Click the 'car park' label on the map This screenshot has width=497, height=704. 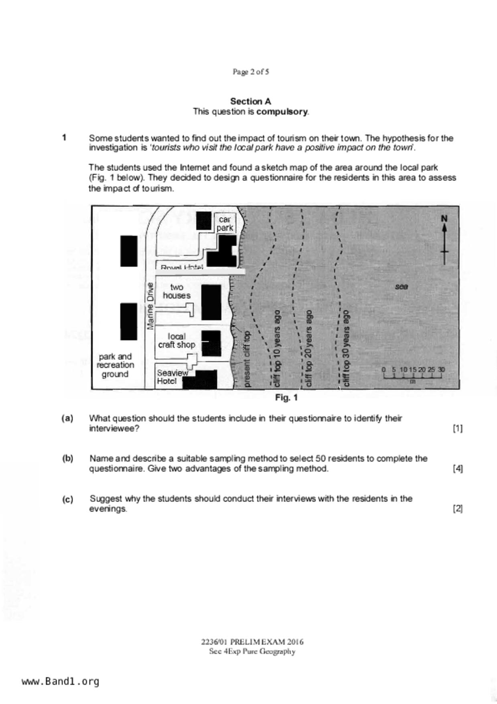coord(225,224)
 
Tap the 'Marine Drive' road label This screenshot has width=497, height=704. coord(150,306)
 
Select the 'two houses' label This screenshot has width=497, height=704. coord(176,291)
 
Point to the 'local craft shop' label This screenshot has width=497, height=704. coord(176,340)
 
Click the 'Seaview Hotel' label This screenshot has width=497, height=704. coord(172,376)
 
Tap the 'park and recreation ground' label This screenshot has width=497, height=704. coord(115,365)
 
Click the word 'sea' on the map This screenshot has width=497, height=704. coord(401,287)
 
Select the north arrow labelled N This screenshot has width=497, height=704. coord(444,240)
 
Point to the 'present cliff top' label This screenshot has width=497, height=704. coord(247,359)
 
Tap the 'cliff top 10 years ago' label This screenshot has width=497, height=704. coord(277,348)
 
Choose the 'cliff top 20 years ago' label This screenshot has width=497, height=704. coord(309,348)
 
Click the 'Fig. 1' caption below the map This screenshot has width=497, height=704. coord(286,398)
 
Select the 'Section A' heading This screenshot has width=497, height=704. coord(251,101)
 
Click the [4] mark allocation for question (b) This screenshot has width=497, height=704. coord(458,468)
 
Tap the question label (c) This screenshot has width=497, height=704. coord(67,499)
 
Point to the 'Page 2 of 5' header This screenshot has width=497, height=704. coord(251,72)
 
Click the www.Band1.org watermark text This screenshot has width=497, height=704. coord(61,682)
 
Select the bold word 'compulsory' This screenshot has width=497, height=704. coord(282,112)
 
